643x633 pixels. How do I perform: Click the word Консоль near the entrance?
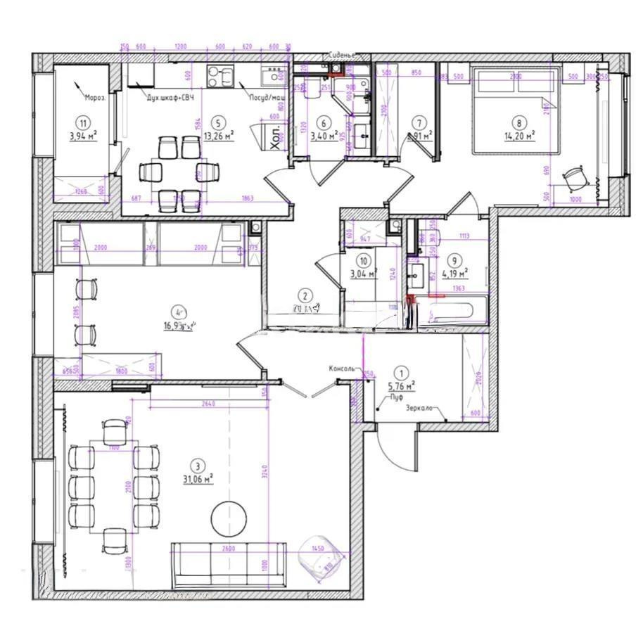345,369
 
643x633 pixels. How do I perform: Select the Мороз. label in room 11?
94,98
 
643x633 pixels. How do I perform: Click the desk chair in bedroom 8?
575,177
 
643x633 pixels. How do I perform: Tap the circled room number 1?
402,373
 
